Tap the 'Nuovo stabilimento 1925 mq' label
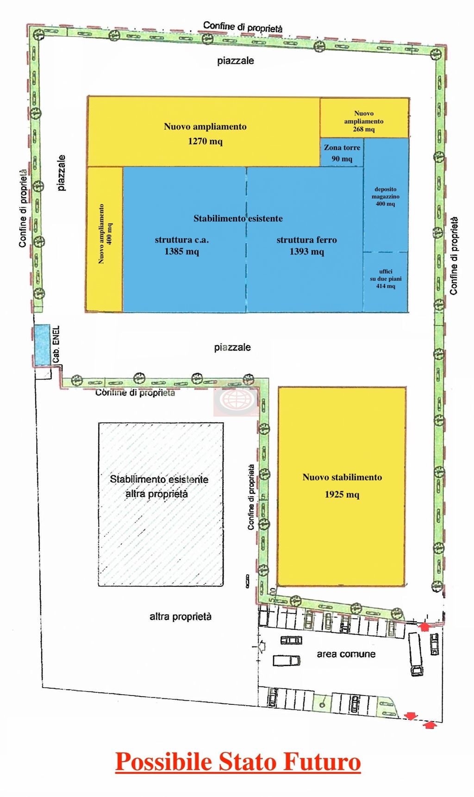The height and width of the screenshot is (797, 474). tap(342, 486)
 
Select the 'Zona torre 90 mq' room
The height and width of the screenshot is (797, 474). tap(342, 152)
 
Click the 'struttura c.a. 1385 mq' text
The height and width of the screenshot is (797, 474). tap(182, 245)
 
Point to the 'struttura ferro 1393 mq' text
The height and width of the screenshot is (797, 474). tap(307, 245)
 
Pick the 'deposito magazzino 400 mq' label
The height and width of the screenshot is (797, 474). tap(386, 196)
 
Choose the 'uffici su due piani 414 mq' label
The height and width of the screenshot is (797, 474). tap(386, 279)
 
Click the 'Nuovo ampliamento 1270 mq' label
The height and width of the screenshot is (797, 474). tap(205, 134)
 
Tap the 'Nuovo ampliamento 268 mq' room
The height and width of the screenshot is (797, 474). tap(364, 118)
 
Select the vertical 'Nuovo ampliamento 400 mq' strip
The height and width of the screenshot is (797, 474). tap(105, 239)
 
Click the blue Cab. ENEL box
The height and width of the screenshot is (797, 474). tap(42, 345)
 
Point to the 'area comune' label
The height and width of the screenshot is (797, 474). tap(346, 654)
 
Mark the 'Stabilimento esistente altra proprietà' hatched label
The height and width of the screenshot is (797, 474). tap(159, 486)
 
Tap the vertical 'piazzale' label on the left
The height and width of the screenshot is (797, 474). tap(61, 173)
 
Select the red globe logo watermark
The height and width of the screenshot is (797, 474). tap(236, 399)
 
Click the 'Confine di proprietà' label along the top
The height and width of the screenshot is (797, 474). tap(243, 27)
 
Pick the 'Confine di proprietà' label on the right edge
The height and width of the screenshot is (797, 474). tap(454, 256)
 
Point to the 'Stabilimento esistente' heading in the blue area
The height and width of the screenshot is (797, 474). tap(238, 218)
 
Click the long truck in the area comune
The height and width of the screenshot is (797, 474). tap(415, 654)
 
